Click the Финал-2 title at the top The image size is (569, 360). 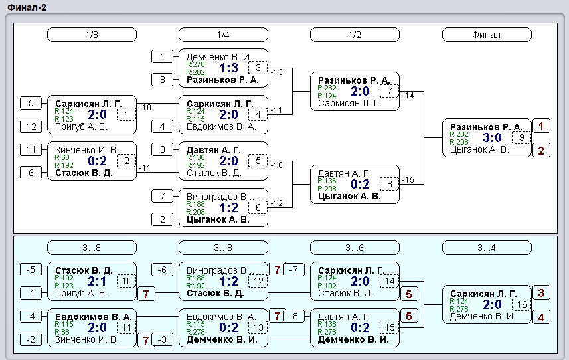coord(27,7)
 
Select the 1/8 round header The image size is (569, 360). coord(92,35)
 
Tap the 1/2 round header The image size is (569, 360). coord(355,35)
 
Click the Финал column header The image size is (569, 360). coord(487,35)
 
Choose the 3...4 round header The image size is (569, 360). coord(487,248)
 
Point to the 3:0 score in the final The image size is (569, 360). coord(492,138)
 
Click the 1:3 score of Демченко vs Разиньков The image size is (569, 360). coord(229,68)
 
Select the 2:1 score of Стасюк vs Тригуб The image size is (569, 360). coord(97,281)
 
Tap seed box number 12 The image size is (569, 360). coord(31,126)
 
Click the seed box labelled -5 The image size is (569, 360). coord(31,270)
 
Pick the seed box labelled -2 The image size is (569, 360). coord(31,339)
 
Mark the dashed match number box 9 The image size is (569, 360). coord(521,137)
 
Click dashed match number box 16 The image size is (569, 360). coord(522,304)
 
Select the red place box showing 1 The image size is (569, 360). coord(541,126)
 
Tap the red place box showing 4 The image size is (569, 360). coord(541,317)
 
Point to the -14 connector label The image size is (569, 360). coord(408,96)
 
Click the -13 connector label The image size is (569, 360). coord(276,72)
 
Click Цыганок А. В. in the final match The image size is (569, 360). coord(479,149)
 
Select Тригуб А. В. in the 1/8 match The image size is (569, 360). coord(81,126)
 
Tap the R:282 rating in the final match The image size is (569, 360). coord(459,134)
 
